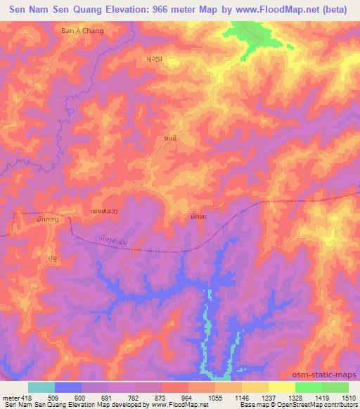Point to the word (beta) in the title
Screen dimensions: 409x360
(x=337, y=9)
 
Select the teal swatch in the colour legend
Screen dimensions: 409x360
(x=41, y=387)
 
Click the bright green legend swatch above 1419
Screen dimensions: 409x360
(x=308, y=387)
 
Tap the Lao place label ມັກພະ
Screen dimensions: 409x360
(x=198, y=217)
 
